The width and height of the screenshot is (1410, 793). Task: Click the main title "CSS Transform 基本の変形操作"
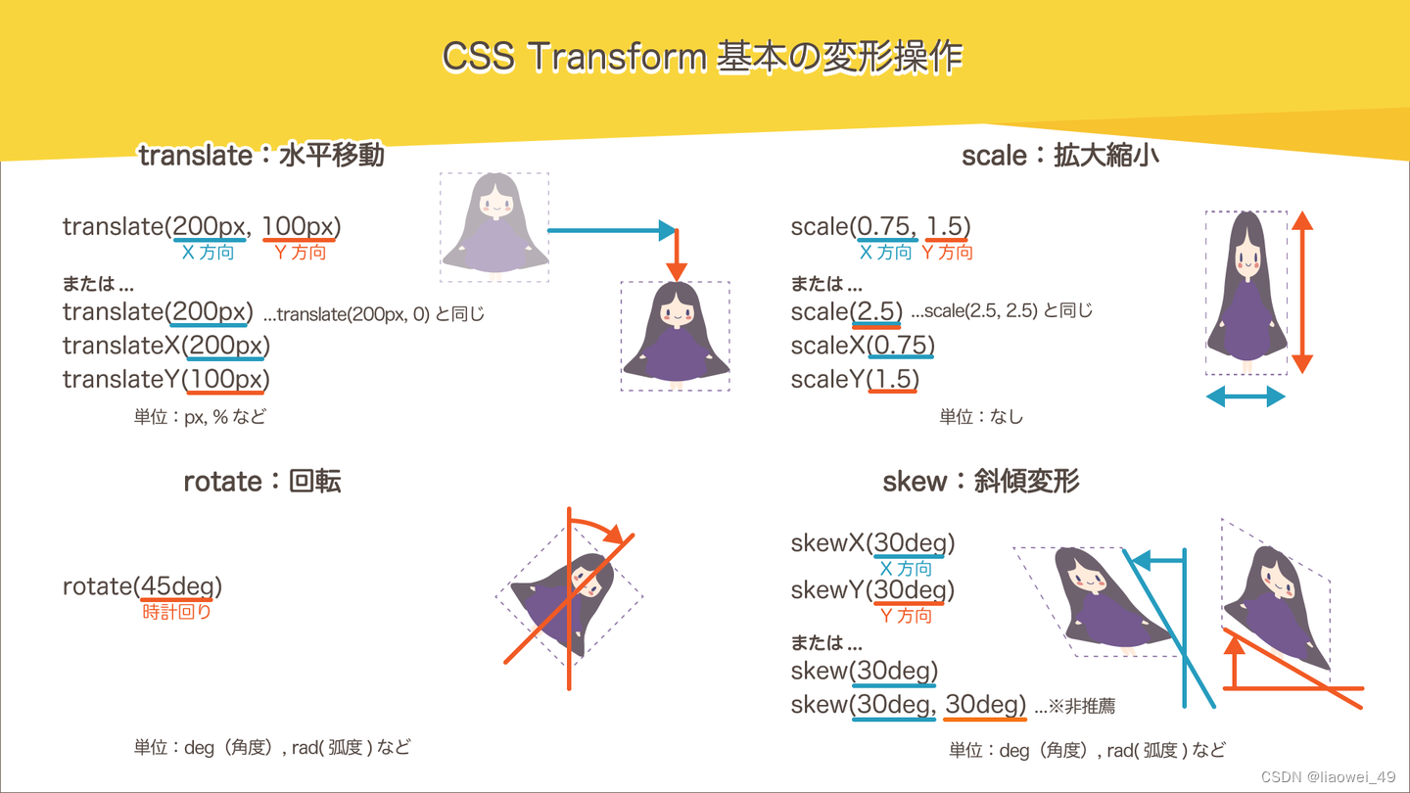(702, 58)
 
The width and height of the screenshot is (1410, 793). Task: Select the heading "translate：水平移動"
(261, 155)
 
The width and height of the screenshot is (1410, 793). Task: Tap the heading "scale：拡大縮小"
(1060, 155)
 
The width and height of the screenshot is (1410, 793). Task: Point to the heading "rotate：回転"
(262, 482)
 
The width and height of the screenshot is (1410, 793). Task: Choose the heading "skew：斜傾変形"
(980, 482)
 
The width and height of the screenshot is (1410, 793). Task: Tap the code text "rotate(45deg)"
(142, 586)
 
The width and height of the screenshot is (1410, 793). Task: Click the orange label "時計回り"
(177, 612)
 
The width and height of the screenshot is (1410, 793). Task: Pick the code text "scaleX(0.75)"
(863, 346)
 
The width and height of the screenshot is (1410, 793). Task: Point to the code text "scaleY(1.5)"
(855, 379)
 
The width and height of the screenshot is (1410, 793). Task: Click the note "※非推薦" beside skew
(1081, 706)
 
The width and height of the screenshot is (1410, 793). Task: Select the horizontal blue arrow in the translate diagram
(611, 231)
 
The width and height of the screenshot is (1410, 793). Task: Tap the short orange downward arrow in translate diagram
(675, 257)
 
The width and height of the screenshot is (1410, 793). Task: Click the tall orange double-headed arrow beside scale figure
(1301, 293)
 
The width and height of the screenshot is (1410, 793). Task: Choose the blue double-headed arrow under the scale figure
(1245, 396)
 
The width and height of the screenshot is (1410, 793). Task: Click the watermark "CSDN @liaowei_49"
(1328, 776)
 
